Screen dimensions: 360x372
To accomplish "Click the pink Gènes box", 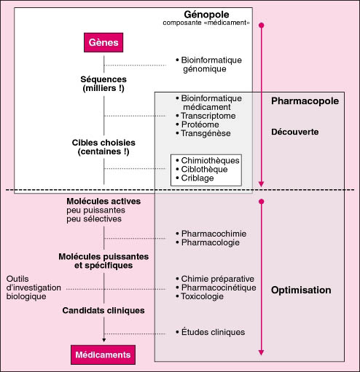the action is (x=103, y=43).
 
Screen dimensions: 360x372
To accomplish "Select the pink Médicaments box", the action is (x=103, y=355).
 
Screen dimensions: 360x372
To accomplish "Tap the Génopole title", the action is (x=206, y=15).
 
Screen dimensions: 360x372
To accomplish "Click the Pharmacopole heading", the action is (x=305, y=101).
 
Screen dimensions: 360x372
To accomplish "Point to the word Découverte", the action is (x=295, y=132).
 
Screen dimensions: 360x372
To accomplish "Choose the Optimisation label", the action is (x=301, y=290).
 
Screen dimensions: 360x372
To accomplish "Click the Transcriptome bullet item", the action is (x=206, y=116).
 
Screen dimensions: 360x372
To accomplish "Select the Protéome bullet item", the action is (x=197, y=124).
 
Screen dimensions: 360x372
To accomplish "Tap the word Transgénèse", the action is (x=206, y=133).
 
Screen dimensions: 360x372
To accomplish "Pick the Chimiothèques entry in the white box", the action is (x=208, y=160).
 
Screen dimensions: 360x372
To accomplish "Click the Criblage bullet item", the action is (x=195, y=178).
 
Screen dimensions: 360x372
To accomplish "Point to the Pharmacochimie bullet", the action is (x=211, y=234).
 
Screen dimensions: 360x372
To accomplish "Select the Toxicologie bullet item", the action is (x=200, y=296).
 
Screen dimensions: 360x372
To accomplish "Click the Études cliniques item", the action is (x=211, y=332).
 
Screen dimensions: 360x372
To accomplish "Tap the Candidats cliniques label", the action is (x=103, y=310).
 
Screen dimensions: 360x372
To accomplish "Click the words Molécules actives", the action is (x=103, y=201).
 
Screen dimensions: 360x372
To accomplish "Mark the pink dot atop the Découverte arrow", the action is (x=262, y=25).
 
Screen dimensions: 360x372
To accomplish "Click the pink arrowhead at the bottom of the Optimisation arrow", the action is (x=262, y=352).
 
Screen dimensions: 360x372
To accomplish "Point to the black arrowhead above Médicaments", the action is (x=104, y=340).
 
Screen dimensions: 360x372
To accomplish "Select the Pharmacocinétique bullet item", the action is (x=216, y=288).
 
